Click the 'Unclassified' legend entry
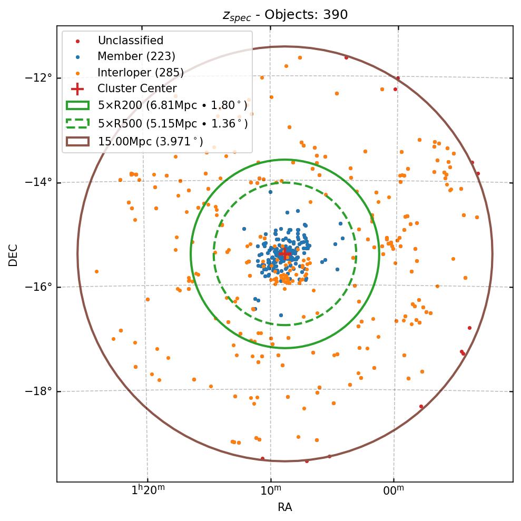click(x=130, y=41)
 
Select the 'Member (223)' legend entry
click(x=136, y=56)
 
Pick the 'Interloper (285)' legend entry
click(x=140, y=73)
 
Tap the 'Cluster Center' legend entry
click(x=137, y=89)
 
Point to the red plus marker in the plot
click(x=285, y=253)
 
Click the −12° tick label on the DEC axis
click(x=38, y=78)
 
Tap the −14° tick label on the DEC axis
click(x=38, y=182)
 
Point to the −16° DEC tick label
click(x=38, y=287)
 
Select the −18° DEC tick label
click(x=38, y=391)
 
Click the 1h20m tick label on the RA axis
click(x=148, y=490)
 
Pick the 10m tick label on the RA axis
click(x=270, y=490)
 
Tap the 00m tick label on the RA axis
click(x=394, y=490)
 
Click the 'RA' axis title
click(x=285, y=507)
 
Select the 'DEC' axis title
click(x=13, y=254)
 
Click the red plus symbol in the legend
click(x=77, y=89)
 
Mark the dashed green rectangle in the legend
click(x=77, y=124)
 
